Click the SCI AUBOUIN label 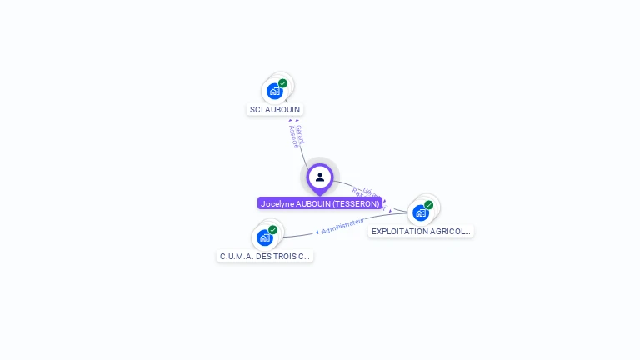(275, 109)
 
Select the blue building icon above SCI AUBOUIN (275, 92)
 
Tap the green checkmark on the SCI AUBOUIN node (283, 83)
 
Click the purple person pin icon (320, 177)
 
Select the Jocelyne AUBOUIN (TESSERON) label (320, 203)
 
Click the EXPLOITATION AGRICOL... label (421, 231)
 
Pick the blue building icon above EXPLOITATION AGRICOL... (421, 212)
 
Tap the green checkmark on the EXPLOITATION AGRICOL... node (429, 205)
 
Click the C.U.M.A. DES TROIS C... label (265, 256)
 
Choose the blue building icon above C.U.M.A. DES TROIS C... (265, 237)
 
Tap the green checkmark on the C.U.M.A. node (273, 230)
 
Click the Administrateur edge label (343, 226)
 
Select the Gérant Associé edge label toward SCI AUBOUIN (297, 136)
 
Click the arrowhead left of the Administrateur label (317, 232)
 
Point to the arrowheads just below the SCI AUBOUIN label (293, 120)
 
